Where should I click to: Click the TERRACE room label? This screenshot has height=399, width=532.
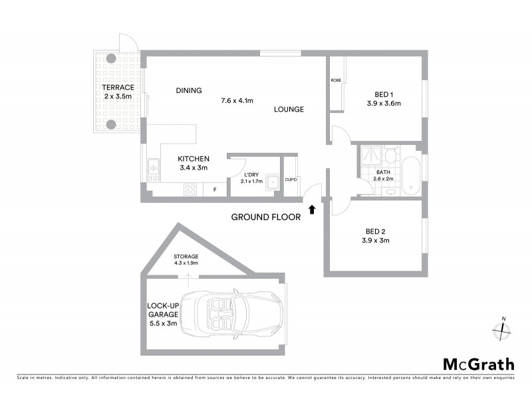pos(118,88)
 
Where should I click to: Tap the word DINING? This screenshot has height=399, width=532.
pos(189,91)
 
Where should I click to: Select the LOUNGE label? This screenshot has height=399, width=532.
pos(289,110)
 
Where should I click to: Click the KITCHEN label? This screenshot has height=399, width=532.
pos(194,159)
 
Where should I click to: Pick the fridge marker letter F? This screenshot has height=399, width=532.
pos(214,190)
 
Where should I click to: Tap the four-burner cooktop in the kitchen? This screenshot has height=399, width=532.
pos(190,189)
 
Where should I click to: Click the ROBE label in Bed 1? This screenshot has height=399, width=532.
pos(336,80)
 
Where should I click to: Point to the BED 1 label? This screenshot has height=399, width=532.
pos(384,94)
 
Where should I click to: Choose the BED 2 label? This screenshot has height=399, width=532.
pos(376,231)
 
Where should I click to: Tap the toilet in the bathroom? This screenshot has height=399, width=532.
pos(391,157)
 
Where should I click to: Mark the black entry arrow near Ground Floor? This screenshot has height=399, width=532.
pos(312,211)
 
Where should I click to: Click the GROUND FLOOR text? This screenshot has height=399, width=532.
pos(265,217)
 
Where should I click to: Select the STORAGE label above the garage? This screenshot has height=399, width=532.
pos(186,256)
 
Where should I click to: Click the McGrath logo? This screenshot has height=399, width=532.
pos(479,364)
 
